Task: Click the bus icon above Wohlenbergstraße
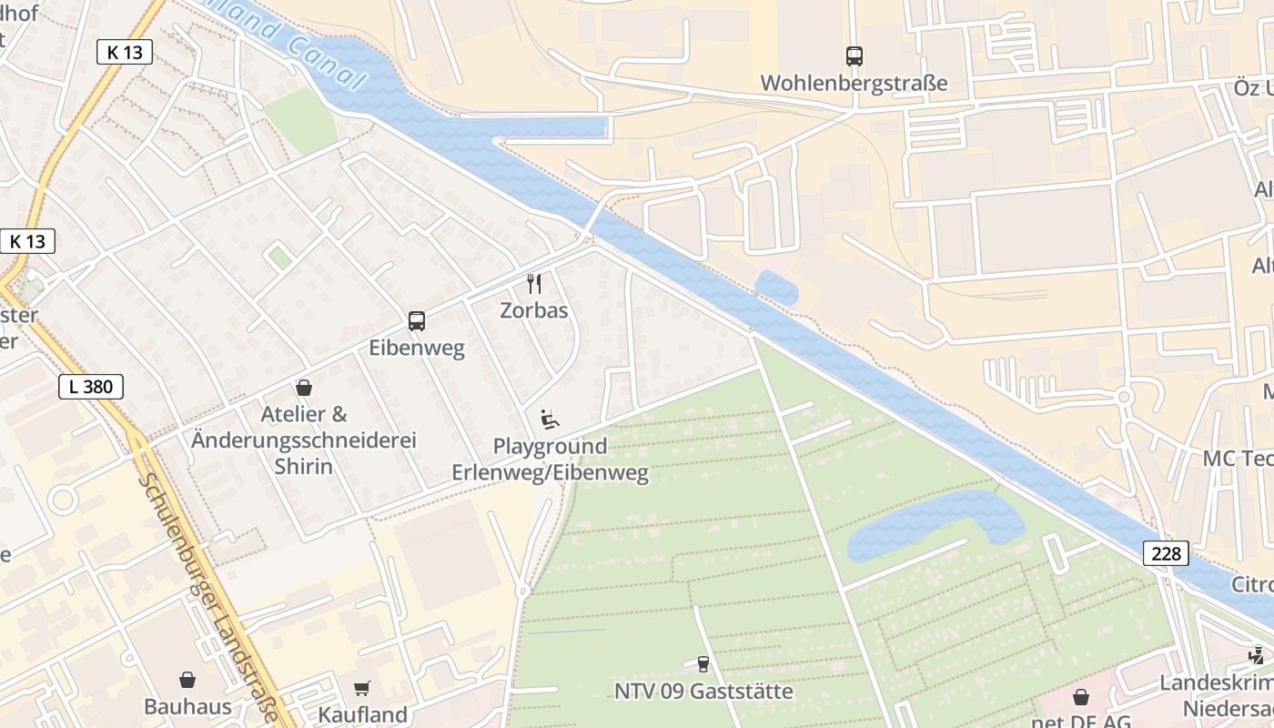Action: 854,56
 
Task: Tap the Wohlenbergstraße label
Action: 854,84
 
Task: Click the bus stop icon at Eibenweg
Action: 417,320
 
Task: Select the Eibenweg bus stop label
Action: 417,348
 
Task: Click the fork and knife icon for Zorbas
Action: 534,284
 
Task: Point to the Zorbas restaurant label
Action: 534,310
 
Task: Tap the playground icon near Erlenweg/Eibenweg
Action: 550,420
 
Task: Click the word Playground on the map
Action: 550,447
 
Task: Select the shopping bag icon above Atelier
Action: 304,389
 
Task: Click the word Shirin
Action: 304,467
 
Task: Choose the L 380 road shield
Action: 91,387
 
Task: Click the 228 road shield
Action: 1166,553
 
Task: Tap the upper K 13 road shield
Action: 125,52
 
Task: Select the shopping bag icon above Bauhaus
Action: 187,680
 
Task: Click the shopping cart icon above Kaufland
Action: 362,688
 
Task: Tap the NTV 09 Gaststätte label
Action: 703,692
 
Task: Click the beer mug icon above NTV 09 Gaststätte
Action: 703,664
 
